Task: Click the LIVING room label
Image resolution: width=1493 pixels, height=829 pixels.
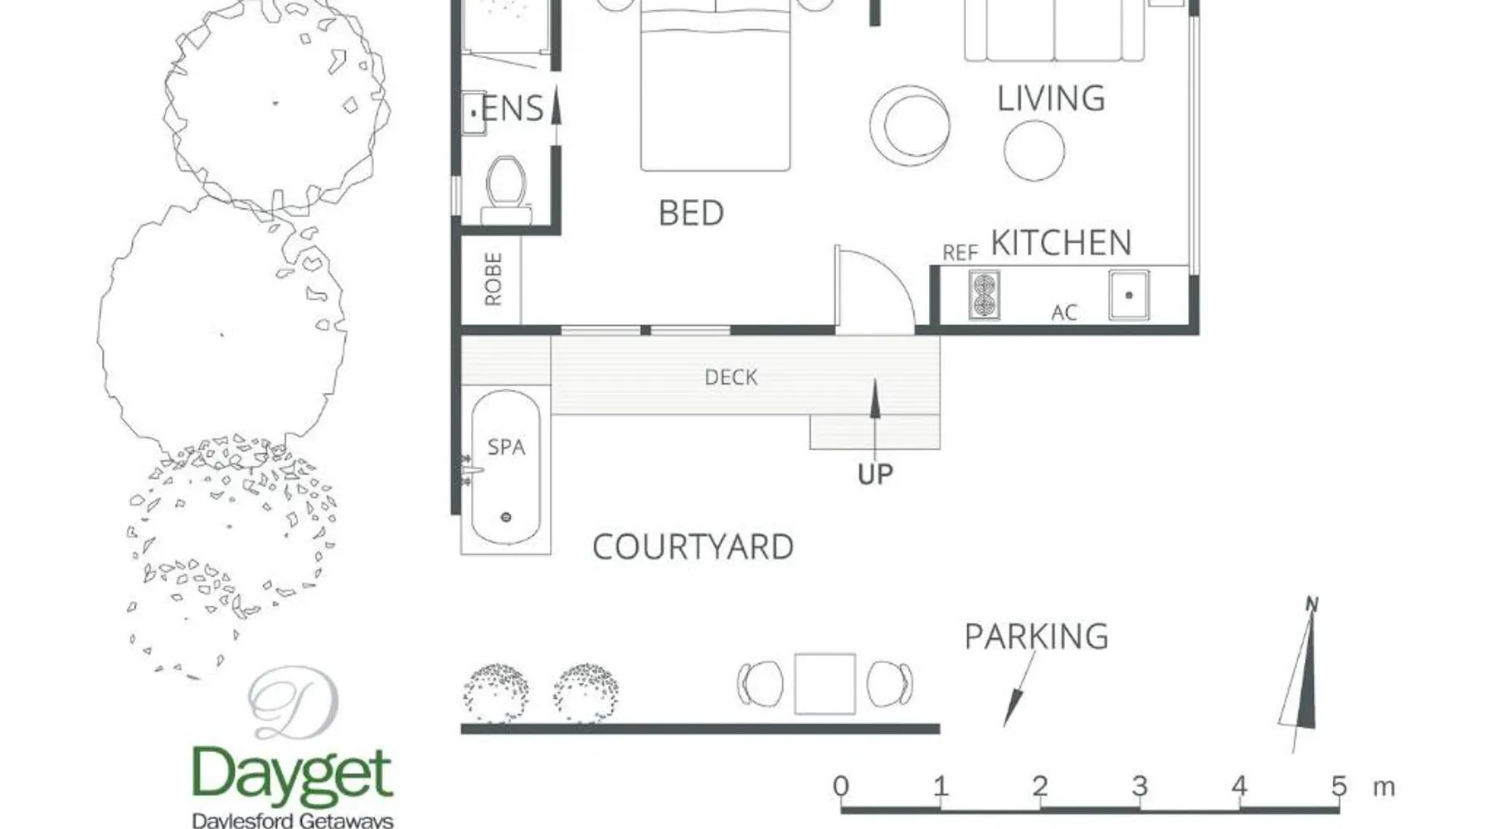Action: tap(1051, 99)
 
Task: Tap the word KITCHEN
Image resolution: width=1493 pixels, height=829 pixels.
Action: tap(1062, 243)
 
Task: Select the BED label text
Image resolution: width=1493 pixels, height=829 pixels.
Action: tap(691, 213)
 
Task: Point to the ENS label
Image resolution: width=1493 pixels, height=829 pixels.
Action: tap(513, 109)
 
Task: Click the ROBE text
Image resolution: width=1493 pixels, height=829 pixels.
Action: tap(493, 279)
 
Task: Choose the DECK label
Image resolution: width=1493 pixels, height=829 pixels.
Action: tap(731, 377)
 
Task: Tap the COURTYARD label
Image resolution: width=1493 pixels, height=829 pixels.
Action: tap(693, 547)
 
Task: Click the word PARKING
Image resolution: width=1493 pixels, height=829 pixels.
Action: tap(1036, 637)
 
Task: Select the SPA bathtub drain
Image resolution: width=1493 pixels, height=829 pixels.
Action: tap(506, 517)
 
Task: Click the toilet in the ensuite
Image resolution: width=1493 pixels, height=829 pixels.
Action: tap(507, 189)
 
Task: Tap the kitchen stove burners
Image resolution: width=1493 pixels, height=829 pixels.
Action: tap(984, 295)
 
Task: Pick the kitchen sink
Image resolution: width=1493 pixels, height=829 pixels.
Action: tap(1129, 295)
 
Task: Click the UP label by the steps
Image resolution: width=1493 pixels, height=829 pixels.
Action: tap(875, 474)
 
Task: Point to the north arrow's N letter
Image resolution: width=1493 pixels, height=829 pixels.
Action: tap(1311, 604)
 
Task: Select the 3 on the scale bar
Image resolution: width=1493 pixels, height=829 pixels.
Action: tap(1140, 786)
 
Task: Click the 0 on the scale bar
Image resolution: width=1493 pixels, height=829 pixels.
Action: tap(841, 786)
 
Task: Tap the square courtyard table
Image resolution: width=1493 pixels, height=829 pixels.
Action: tap(824, 684)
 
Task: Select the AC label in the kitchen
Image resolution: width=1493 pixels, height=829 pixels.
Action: tap(1064, 313)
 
